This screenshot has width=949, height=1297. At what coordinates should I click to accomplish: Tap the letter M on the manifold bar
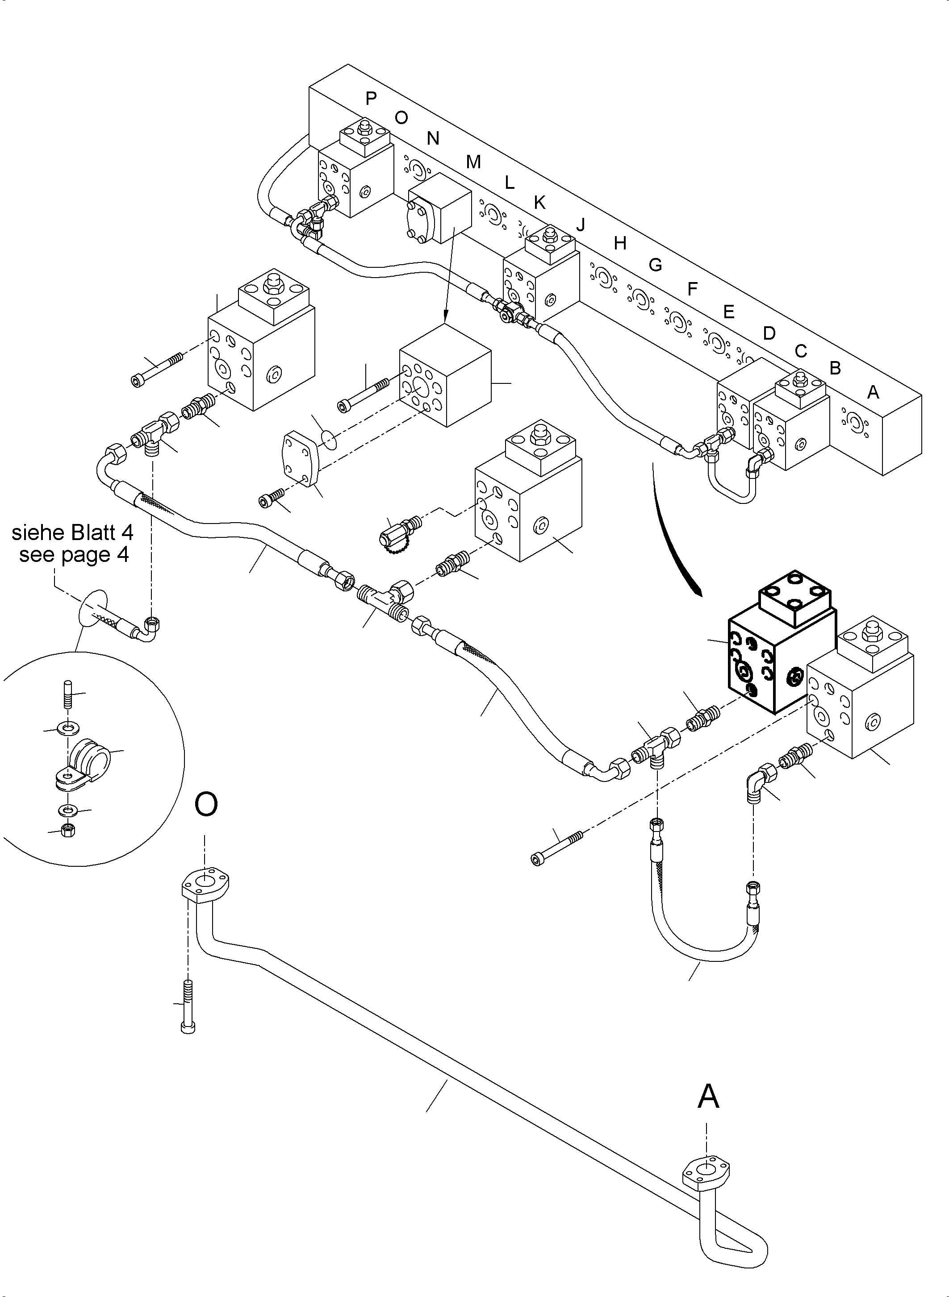pos(473,162)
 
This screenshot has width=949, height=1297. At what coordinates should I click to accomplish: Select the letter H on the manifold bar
pos(619,243)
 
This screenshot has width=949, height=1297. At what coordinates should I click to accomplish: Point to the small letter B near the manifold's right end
pos(835,368)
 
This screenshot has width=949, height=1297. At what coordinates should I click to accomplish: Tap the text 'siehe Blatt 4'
pos(72,533)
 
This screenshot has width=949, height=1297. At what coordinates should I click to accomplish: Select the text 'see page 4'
pos(74,555)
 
